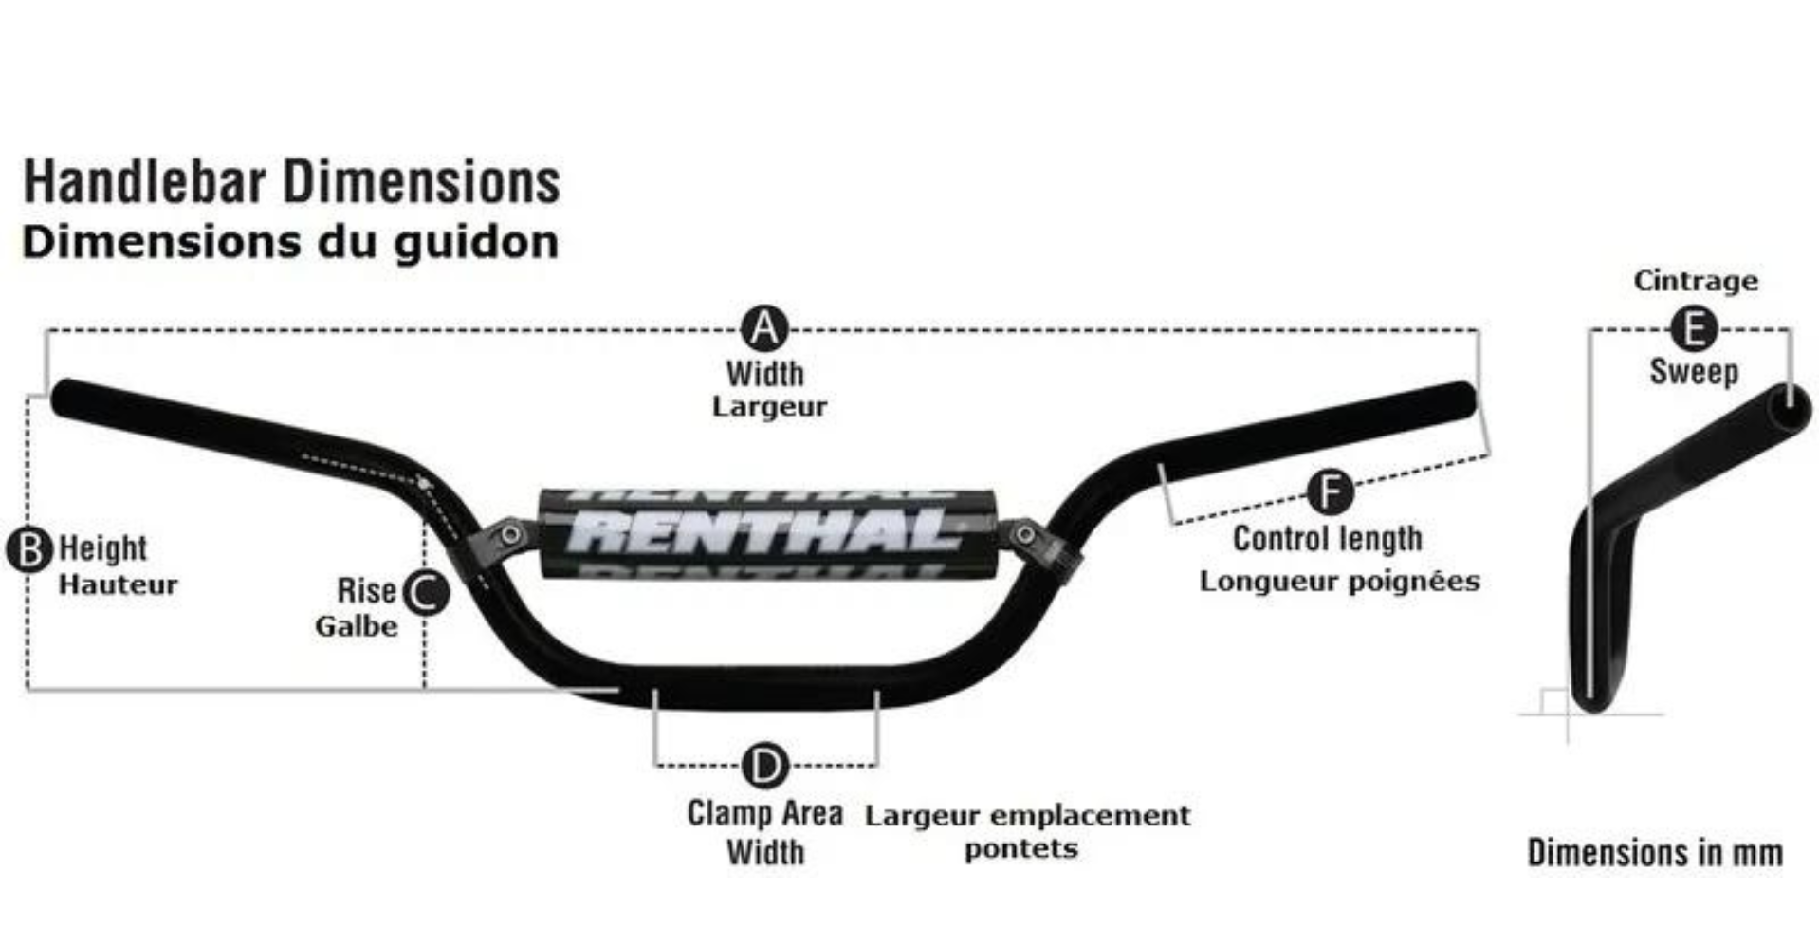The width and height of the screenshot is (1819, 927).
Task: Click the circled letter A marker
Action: pos(764,329)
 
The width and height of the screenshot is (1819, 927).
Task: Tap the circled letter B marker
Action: pos(29,550)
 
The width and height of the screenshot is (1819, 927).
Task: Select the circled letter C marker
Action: pos(426,592)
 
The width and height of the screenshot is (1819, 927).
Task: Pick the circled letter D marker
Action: pos(764,765)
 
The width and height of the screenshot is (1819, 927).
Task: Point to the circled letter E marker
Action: pos(1693,329)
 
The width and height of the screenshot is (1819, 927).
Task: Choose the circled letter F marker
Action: pos(1330,491)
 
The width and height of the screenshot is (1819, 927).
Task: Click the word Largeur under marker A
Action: pos(769,407)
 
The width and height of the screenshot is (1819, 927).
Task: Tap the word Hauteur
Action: pos(118,584)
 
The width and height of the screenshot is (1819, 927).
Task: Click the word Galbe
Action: pos(357,626)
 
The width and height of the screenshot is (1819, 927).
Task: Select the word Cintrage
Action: pos(1696,281)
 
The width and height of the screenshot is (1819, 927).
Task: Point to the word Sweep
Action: pos(1694,371)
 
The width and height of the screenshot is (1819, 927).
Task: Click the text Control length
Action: pos(1328,539)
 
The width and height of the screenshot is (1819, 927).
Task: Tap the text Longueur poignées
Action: pos(1339,581)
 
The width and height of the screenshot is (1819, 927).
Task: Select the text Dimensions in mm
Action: pos(1655,852)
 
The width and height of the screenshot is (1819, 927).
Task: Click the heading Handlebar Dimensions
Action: pos(292,182)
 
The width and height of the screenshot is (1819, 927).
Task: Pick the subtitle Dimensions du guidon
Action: pos(290,242)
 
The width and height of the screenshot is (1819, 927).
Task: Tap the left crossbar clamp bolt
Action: pos(510,534)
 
